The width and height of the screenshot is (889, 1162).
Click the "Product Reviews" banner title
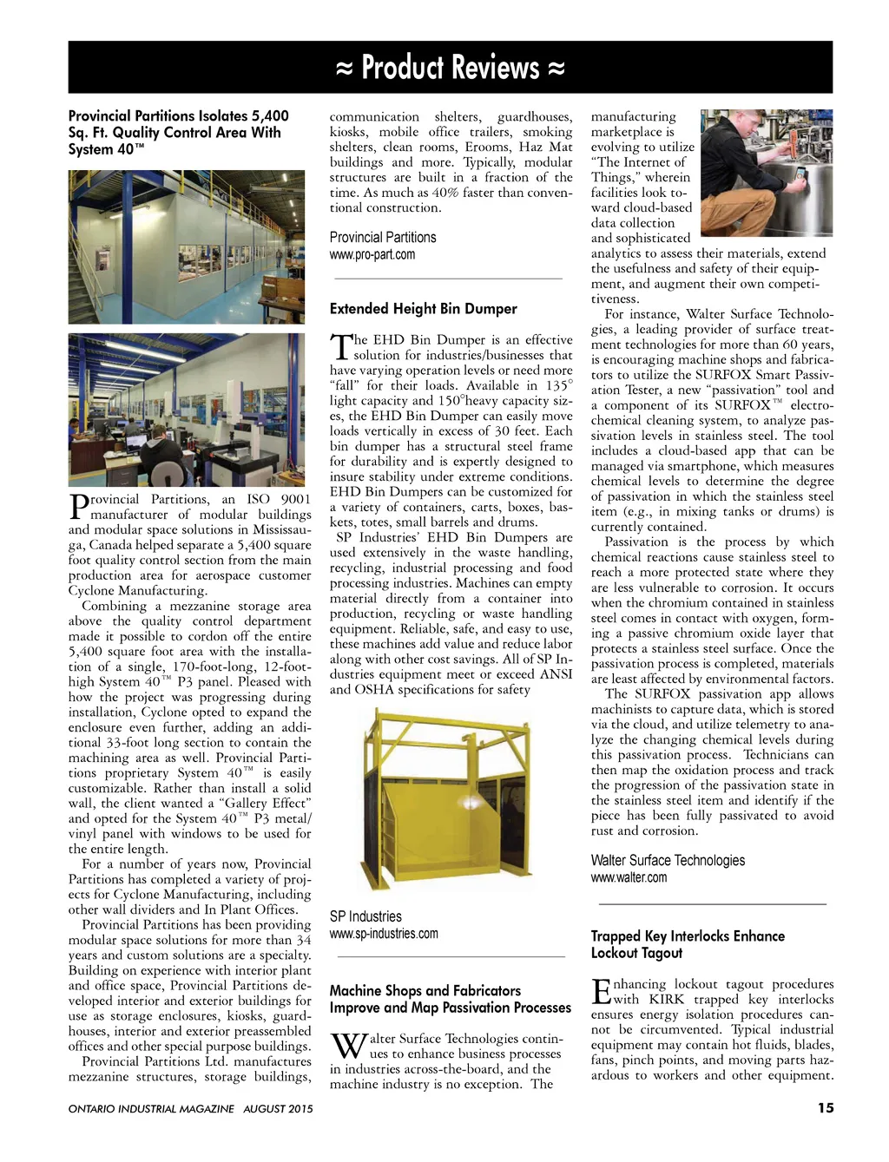(x=450, y=67)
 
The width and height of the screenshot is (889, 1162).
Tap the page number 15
(x=825, y=1107)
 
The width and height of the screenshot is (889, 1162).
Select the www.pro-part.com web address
(x=372, y=255)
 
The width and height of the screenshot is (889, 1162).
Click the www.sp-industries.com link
(x=384, y=934)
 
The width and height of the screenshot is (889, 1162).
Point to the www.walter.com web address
(x=629, y=877)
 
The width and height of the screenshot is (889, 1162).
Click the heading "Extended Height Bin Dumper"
(x=423, y=309)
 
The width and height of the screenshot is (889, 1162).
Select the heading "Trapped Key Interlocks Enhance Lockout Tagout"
(x=688, y=944)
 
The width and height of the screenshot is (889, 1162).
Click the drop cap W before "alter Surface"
(x=347, y=1047)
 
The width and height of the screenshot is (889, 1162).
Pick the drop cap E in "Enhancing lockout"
(x=601, y=992)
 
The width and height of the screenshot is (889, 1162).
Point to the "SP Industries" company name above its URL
(x=365, y=916)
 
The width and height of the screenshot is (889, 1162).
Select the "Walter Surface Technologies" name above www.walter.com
(x=668, y=860)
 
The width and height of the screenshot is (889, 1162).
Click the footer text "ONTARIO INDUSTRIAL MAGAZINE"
(x=151, y=1109)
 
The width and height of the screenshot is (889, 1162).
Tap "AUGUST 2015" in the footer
(x=278, y=1109)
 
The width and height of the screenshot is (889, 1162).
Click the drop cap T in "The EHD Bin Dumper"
(x=340, y=347)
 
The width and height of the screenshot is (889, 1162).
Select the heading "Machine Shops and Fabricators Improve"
(x=450, y=999)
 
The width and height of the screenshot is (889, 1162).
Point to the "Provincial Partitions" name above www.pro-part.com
(x=383, y=238)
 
